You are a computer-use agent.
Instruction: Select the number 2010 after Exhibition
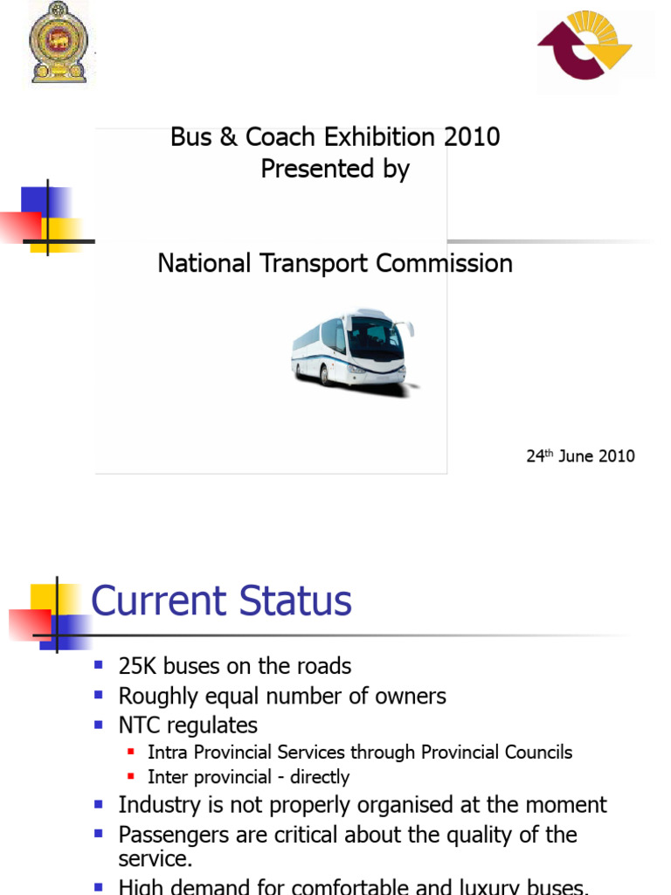click(472, 137)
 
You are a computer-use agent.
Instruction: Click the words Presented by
click(335, 169)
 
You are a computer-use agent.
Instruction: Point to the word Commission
click(445, 263)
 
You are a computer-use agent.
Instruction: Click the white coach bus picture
click(352, 348)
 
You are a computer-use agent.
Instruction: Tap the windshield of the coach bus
click(376, 336)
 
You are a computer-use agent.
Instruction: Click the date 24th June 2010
click(580, 455)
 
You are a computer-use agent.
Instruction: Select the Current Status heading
click(222, 602)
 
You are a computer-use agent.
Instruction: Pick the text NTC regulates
click(188, 725)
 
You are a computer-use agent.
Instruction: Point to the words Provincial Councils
click(496, 753)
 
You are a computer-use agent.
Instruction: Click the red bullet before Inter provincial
click(132, 777)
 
